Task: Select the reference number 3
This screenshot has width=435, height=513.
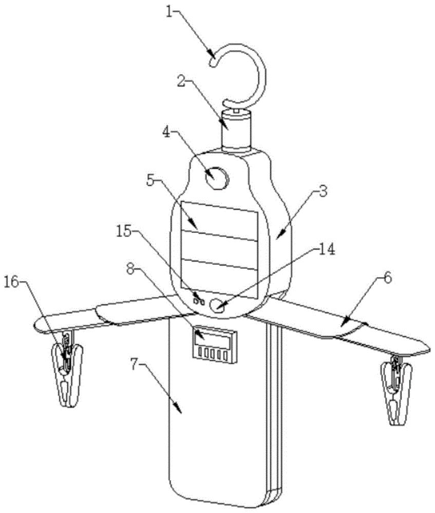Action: [x=323, y=191]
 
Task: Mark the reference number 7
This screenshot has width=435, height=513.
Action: [x=135, y=365]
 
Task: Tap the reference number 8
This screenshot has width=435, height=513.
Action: [x=131, y=270]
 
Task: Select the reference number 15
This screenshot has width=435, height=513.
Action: [x=123, y=231]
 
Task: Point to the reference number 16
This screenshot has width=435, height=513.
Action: [x=12, y=282]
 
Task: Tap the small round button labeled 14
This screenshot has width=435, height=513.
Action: [x=218, y=306]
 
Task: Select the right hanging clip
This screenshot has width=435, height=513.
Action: [x=395, y=391]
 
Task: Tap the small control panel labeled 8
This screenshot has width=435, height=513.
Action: [x=214, y=345]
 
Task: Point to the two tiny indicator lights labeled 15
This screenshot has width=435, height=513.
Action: [x=199, y=301]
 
